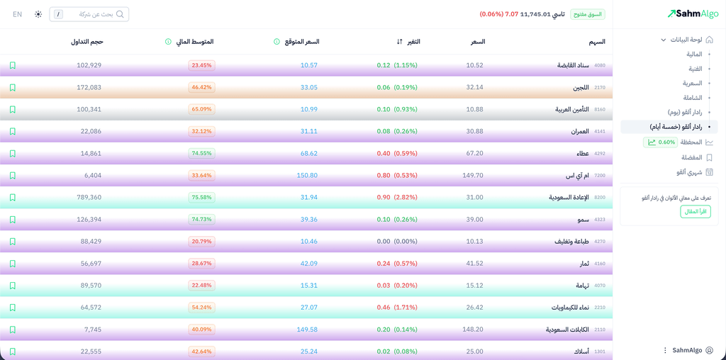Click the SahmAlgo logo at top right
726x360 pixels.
point(693,13)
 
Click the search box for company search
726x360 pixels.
point(89,14)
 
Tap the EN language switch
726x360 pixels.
point(18,14)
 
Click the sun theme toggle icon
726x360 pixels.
point(38,14)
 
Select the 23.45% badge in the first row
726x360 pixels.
point(201,65)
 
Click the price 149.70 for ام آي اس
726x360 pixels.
point(472,175)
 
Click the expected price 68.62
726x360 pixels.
point(308,153)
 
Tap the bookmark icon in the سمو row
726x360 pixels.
point(12,220)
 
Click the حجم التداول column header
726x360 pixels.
point(86,42)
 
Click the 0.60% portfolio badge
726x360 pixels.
point(660,142)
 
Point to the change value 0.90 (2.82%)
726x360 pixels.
point(397,197)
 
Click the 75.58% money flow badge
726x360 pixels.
point(201,197)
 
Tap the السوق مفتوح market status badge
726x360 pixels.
point(587,14)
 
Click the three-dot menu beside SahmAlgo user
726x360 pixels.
point(665,350)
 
